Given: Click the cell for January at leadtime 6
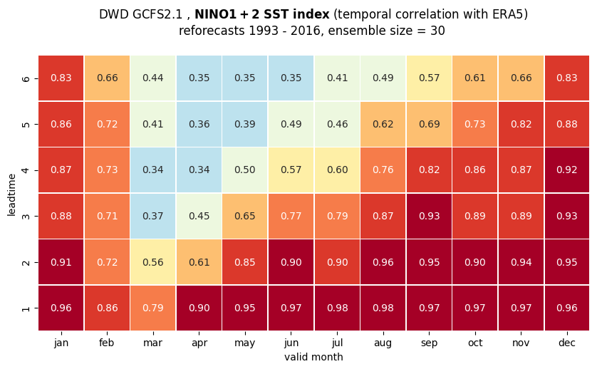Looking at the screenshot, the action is click(61, 78).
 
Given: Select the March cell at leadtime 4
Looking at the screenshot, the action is click(153, 170).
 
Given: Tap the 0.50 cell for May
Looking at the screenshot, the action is click(245, 170).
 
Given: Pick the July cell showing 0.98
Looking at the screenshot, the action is click(337, 308).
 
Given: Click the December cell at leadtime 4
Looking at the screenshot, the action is click(567, 170).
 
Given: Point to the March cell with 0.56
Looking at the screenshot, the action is click(153, 262).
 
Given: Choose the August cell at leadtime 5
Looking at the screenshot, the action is click(383, 124).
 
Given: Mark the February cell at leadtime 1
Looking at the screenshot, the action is click(107, 308).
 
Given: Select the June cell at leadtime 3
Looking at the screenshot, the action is click(291, 216).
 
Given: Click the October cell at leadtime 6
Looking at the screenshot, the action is click(474, 78).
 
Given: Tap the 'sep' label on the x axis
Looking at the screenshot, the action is click(429, 343).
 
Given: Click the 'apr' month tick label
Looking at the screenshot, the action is click(199, 343).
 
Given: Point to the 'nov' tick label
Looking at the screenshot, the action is click(521, 343).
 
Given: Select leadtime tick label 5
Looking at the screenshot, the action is click(26, 124).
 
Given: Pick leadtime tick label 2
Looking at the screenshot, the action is click(26, 262).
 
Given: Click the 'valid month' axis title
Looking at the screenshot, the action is click(313, 357).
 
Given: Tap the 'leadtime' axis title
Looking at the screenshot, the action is click(11, 195).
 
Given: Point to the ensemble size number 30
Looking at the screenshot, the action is click(437, 31).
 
